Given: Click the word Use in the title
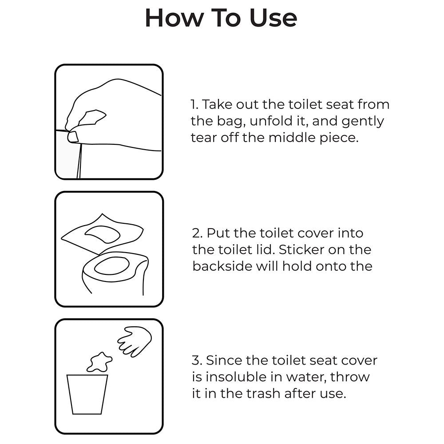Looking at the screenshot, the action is (x=273, y=18).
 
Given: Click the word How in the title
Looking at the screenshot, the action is (x=174, y=18).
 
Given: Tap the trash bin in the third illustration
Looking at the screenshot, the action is (x=87, y=394).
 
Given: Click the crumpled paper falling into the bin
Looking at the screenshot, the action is (x=99, y=362).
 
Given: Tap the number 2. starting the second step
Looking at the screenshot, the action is (x=197, y=233).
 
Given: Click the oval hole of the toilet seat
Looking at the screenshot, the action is (x=112, y=266).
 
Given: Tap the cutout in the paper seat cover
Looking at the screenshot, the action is (x=102, y=234).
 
